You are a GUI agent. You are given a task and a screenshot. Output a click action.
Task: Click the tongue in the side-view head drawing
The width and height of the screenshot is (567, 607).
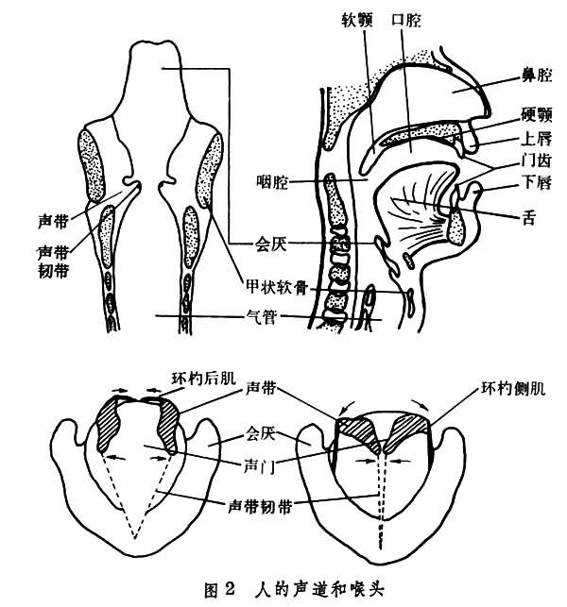(x=416, y=203)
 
